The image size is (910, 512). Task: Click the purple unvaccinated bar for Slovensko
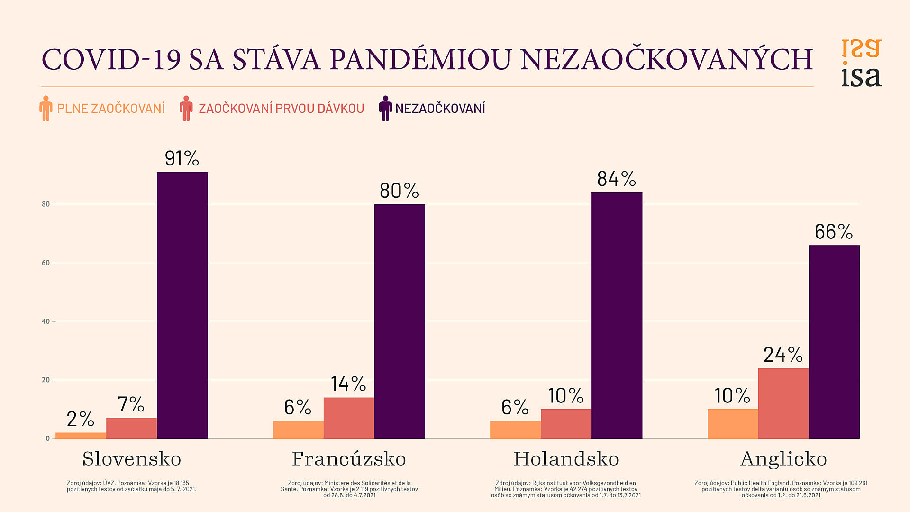(x=182, y=305)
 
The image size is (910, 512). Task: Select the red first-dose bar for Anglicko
(x=783, y=403)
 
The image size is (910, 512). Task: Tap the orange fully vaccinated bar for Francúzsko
(x=298, y=430)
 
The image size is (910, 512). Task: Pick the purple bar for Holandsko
(x=617, y=315)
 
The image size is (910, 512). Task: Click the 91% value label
(x=182, y=158)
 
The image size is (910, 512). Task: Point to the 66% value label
(x=834, y=232)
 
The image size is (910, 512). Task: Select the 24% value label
(x=783, y=355)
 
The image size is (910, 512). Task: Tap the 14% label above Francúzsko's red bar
(x=348, y=384)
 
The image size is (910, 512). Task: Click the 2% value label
(x=80, y=419)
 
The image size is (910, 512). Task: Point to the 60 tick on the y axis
(x=45, y=263)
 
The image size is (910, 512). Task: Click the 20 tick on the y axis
(x=45, y=380)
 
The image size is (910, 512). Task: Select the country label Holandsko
(x=566, y=459)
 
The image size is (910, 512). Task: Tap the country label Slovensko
(x=132, y=459)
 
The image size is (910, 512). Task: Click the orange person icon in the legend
(x=45, y=108)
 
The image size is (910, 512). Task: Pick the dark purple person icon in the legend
(x=385, y=108)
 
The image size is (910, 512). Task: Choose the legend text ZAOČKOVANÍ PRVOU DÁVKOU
(x=281, y=109)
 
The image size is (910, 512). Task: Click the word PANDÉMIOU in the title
(x=420, y=60)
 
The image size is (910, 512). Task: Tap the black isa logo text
(x=861, y=77)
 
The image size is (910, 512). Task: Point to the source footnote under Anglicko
(x=781, y=489)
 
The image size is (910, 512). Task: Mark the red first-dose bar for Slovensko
(x=131, y=428)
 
